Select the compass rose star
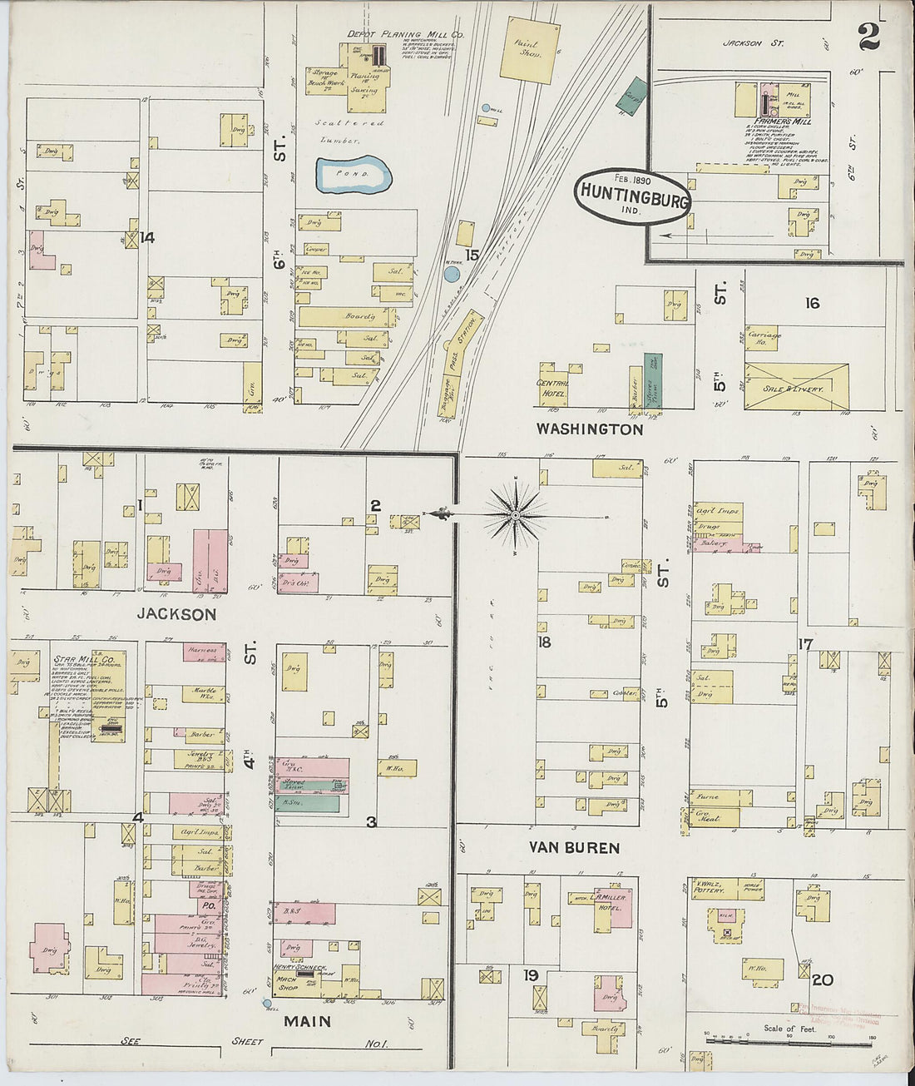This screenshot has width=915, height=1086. click(x=516, y=516)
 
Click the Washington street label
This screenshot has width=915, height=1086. click(x=590, y=429)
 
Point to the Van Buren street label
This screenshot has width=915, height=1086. click(x=575, y=848)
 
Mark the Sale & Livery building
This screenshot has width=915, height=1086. click(x=797, y=387)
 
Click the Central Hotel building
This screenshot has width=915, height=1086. click(x=553, y=383)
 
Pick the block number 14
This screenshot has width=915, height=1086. click(x=147, y=238)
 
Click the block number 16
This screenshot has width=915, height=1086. click(x=812, y=303)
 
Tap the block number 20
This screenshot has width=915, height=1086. click(x=823, y=980)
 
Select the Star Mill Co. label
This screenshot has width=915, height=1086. click(x=84, y=660)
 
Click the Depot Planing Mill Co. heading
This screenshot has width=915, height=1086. click(x=406, y=34)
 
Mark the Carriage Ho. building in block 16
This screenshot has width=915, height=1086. click(x=759, y=340)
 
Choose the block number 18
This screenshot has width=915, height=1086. click(x=544, y=642)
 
